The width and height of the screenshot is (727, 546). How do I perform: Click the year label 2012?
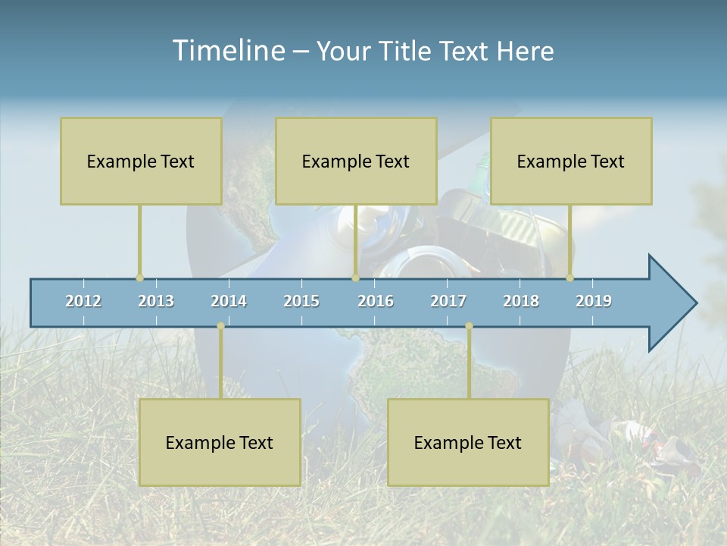point(83,301)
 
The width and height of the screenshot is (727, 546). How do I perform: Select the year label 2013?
point(156,301)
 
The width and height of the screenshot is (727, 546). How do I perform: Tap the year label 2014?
point(229,301)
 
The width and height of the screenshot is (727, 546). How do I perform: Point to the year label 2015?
point(301,301)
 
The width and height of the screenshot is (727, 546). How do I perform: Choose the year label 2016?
point(376,301)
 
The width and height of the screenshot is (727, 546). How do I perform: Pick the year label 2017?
point(448,301)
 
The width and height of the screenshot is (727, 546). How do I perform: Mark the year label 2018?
point(521,301)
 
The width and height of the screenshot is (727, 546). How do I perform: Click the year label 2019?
point(594,301)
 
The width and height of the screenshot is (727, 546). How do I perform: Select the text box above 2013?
point(141,161)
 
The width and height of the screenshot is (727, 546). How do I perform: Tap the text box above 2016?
point(356,161)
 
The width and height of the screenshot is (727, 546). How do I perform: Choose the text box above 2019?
point(571,161)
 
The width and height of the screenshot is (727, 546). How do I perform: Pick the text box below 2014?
point(220,442)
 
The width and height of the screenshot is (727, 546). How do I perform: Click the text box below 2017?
point(468,442)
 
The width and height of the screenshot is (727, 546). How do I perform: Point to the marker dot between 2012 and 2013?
point(139,278)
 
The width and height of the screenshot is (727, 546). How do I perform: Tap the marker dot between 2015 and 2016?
point(355,278)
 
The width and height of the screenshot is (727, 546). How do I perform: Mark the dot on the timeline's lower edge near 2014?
point(220,326)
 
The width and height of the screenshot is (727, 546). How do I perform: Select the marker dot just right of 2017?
point(469,326)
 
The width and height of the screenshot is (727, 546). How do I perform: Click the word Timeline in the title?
point(227,50)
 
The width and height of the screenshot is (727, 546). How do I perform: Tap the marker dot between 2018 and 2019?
point(570,278)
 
